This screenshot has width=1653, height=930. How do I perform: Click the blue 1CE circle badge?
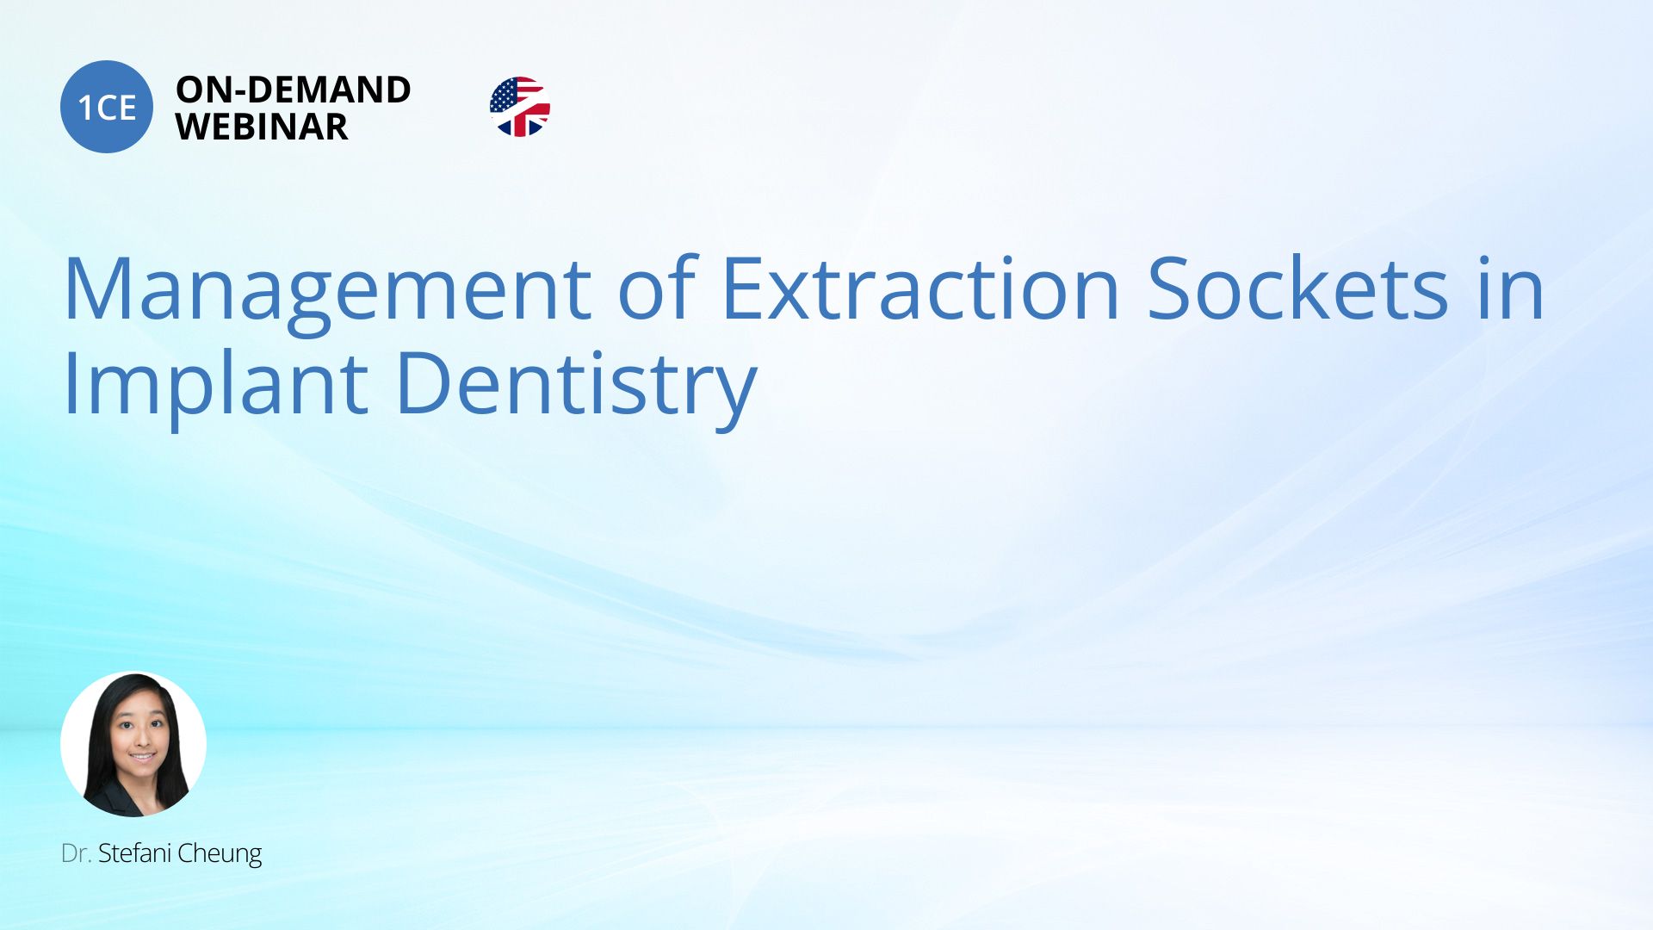(x=107, y=107)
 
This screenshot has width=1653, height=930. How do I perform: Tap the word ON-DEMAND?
(x=294, y=90)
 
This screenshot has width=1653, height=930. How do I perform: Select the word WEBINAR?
(x=262, y=127)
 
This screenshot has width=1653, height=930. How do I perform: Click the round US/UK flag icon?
(x=520, y=107)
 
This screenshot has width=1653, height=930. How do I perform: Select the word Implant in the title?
(x=216, y=385)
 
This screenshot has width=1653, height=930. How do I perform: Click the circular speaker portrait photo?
(x=133, y=744)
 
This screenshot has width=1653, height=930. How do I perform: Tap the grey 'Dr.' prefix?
(x=76, y=853)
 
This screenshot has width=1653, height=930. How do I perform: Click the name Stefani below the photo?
(x=134, y=852)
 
